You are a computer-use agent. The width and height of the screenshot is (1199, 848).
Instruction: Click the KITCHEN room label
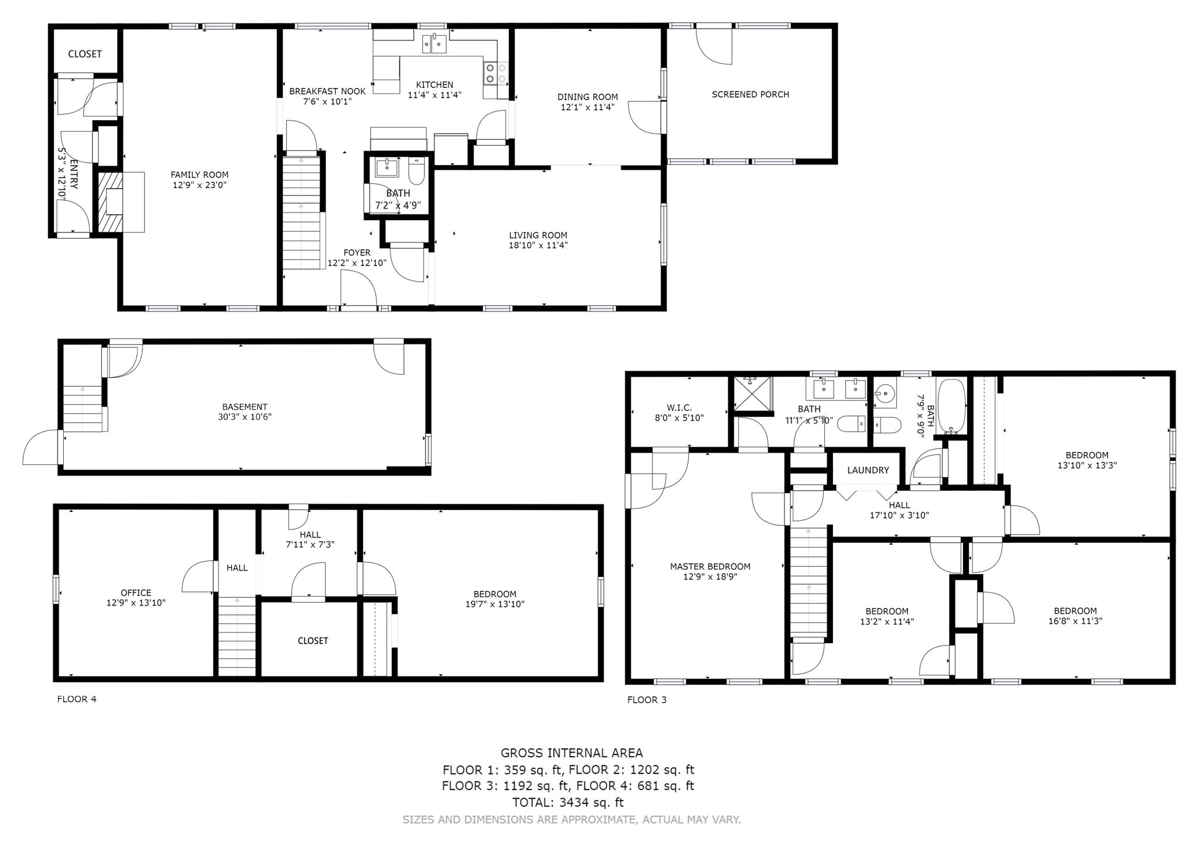[x=434, y=84]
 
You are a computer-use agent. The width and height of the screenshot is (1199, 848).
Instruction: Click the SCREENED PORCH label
[x=750, y=94]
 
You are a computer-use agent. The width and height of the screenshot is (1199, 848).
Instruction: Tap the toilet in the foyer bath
[x=416, y=172]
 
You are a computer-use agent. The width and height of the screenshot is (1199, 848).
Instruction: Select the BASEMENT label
[x=244, y=406]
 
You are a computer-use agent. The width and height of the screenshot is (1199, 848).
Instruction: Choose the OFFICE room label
[x=136, y=593]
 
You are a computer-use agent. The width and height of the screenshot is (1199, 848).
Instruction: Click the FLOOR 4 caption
[x=77, y=699]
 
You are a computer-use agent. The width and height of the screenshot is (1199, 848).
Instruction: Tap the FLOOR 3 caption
[x=647, y=700]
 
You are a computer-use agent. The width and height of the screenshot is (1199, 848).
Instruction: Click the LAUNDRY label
[x=868, y=470]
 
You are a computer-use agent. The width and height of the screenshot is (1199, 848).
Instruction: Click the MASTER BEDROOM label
[x=710, y=566]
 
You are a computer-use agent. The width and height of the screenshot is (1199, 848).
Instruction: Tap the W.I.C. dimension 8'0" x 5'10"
[x=679, y=418]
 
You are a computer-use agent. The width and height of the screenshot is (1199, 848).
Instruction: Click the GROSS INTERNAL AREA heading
[x=571, y=753]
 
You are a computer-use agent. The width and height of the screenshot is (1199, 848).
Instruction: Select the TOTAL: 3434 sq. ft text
[x=568, y=803]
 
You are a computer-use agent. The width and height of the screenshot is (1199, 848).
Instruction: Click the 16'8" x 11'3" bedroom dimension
[x=1075, y=621]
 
